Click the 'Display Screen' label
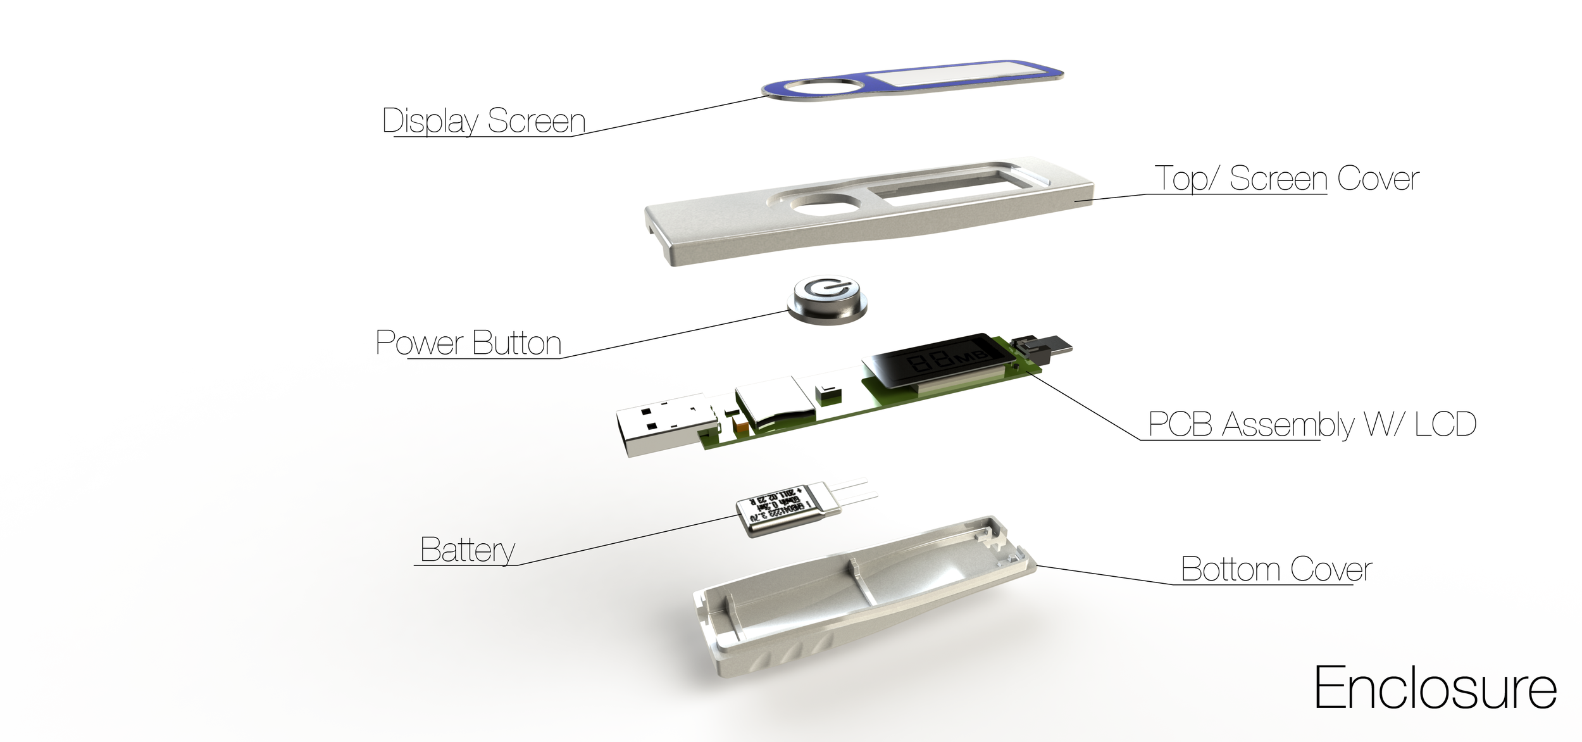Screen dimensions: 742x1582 tap(484, 121)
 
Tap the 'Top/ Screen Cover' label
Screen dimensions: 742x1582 tap(1286, 179)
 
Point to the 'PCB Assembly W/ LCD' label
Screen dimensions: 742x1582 tap(1312, 424)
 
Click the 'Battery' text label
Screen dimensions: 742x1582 tap(467, 550)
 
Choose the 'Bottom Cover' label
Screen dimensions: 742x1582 tap(1276, 569)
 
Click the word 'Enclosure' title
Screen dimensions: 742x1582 tap(1435, 689)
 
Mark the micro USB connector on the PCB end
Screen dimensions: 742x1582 tap(1044, 348)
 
